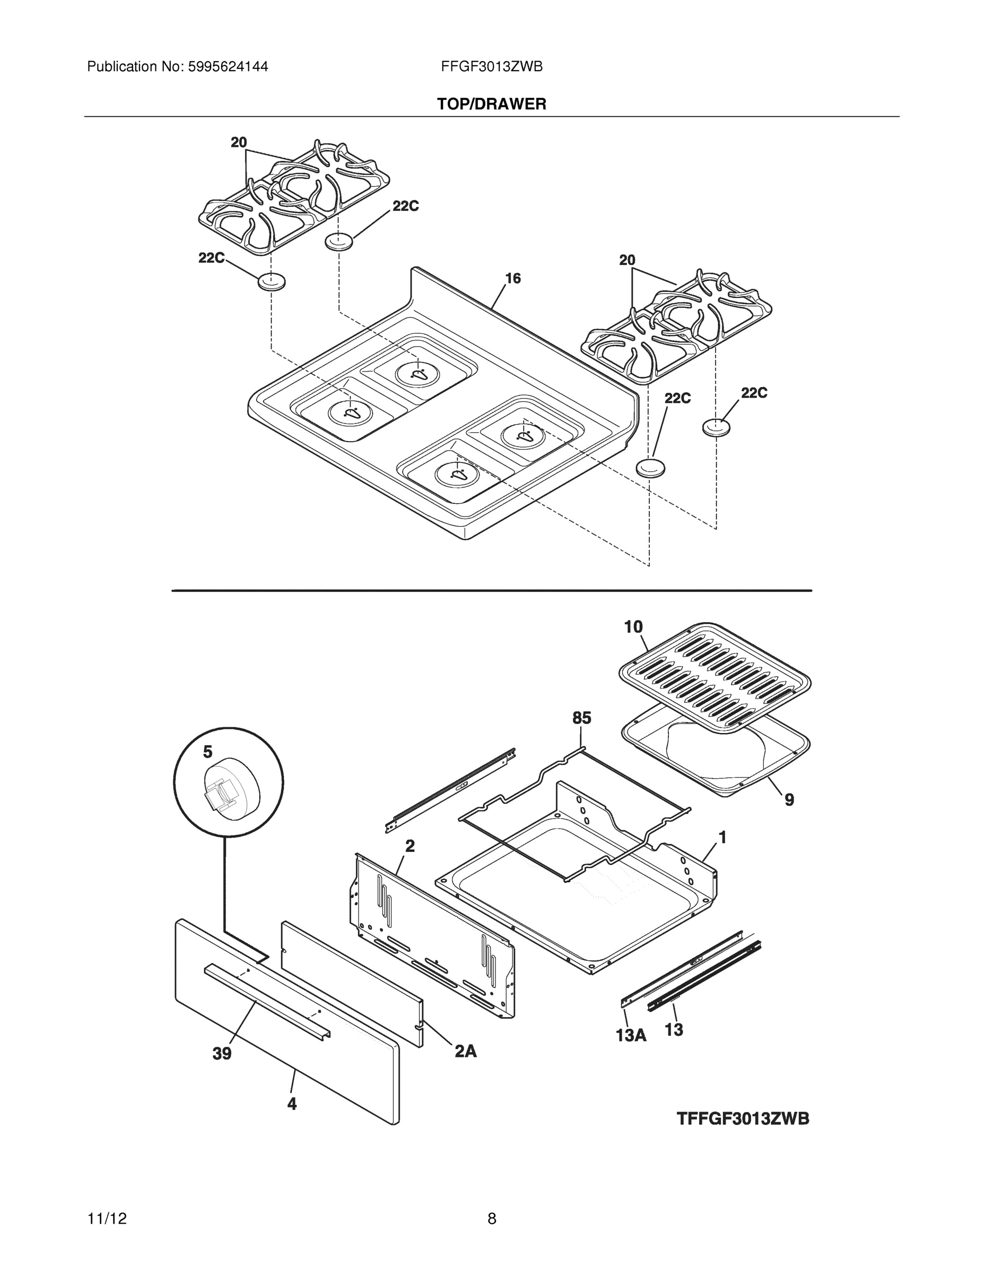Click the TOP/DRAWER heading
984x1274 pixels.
pos(491,105)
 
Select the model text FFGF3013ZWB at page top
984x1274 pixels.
pos(491,66)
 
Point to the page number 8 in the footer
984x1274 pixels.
pos(491,1219)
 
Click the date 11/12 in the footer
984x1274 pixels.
pos(107,1219)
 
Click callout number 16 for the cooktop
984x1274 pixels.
pos(512,278)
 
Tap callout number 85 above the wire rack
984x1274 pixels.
pos(581,718)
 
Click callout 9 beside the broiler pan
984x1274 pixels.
pos(789,800)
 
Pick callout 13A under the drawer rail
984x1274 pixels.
pos(631,1036)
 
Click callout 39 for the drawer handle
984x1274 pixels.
pos(222,1054)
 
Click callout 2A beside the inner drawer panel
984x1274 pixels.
pos(465,1051)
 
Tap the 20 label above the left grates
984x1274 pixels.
pos(238,142)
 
